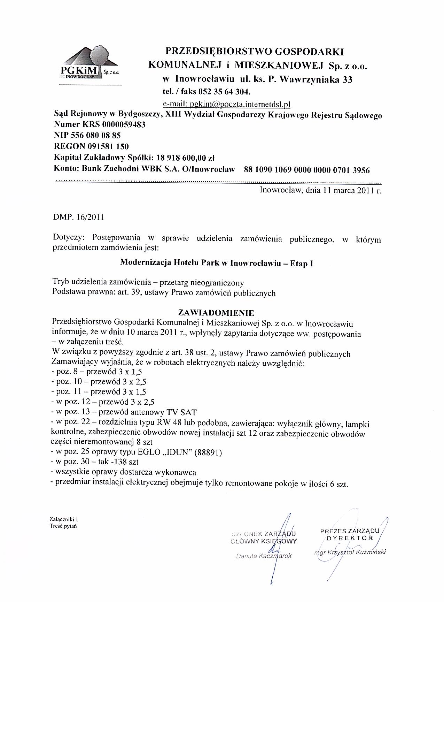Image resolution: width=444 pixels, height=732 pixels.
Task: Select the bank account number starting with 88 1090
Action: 307,170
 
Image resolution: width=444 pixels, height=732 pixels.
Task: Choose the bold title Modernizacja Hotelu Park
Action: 216,263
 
